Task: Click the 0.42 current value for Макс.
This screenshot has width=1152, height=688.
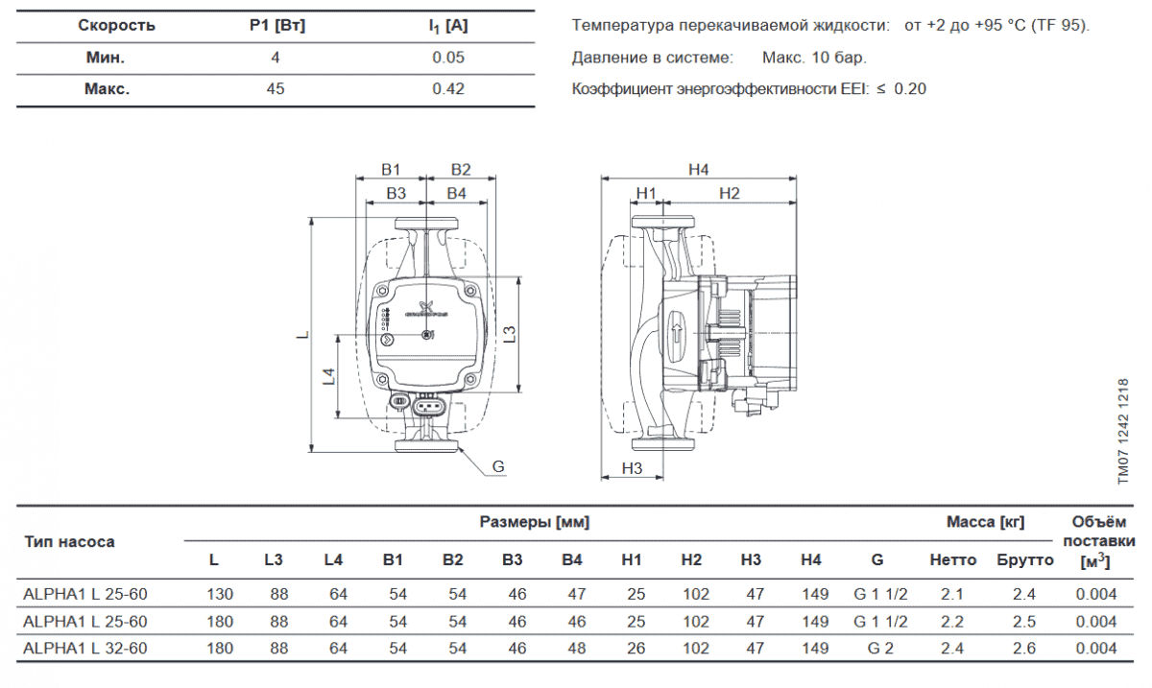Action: tap(448, 89)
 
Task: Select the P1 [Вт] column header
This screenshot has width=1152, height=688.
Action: tap(276, 26)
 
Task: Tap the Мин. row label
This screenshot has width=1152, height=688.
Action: tap(104, 58)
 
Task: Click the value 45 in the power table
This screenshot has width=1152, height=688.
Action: tap(276, 89)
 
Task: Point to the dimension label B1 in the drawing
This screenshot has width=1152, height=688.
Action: tap(390, 170)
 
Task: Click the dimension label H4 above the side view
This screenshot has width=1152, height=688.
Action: tap(698, 170)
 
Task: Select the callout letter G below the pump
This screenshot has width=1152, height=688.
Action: tap(498, 467)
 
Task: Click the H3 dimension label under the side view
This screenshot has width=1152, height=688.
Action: tap(632, 468)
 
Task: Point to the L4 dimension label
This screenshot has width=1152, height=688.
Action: tap(328, 375)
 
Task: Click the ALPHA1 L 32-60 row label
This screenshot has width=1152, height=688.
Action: tap(84, 649)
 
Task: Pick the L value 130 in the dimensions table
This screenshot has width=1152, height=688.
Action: tap(220, 594)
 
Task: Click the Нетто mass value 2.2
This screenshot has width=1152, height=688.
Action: tap(952, 622)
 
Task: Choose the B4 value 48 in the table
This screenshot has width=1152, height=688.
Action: tap(577, 649)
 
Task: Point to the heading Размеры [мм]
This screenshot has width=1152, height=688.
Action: tap(535, 523)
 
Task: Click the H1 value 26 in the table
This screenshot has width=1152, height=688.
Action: tap(636, 649)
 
